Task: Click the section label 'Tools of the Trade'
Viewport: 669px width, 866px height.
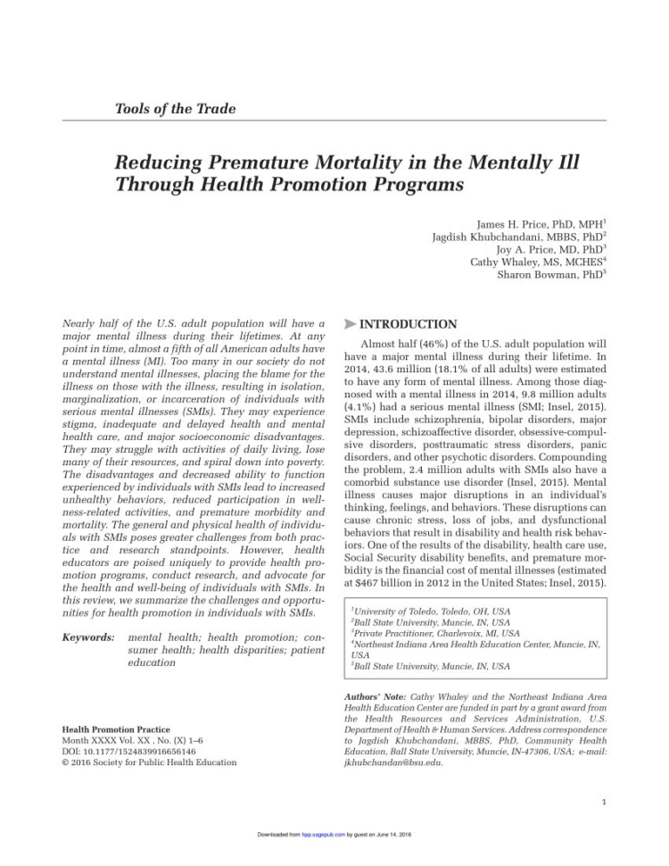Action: tap(175, 109)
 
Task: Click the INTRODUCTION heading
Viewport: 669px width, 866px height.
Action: tap(409, 324)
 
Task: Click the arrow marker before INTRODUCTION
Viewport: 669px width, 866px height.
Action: tap(351, 324)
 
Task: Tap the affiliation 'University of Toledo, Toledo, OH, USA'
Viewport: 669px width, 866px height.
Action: tap(431, 612)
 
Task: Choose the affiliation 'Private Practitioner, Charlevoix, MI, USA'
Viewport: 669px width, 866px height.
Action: tap(435, 633)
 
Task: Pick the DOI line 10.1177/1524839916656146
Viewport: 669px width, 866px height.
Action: tap(129, 752)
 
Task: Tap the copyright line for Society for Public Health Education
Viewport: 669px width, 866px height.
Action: tap(149, 762)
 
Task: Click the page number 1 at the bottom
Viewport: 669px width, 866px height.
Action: tap(604, 801)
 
